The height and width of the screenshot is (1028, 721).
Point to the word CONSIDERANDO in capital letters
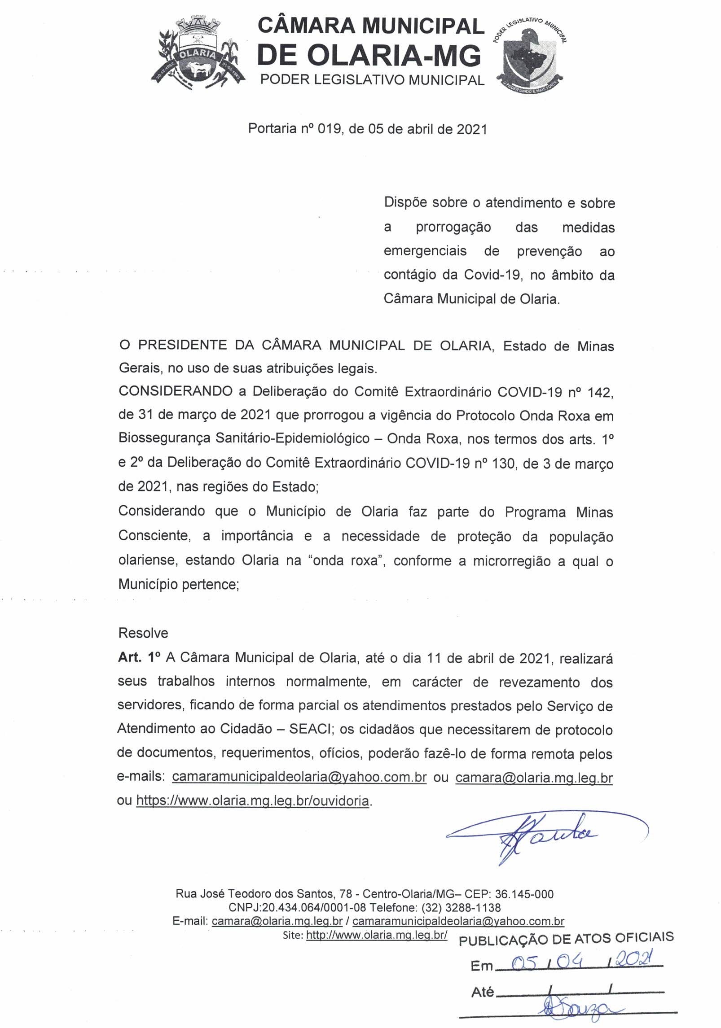coord(176,391)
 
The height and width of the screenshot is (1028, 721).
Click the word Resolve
coord(143,633)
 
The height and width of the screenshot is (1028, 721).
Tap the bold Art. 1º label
coord(139,657)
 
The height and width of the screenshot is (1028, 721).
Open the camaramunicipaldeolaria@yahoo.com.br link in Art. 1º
coord(299,777)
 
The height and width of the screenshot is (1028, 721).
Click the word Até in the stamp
coord(483,992)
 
